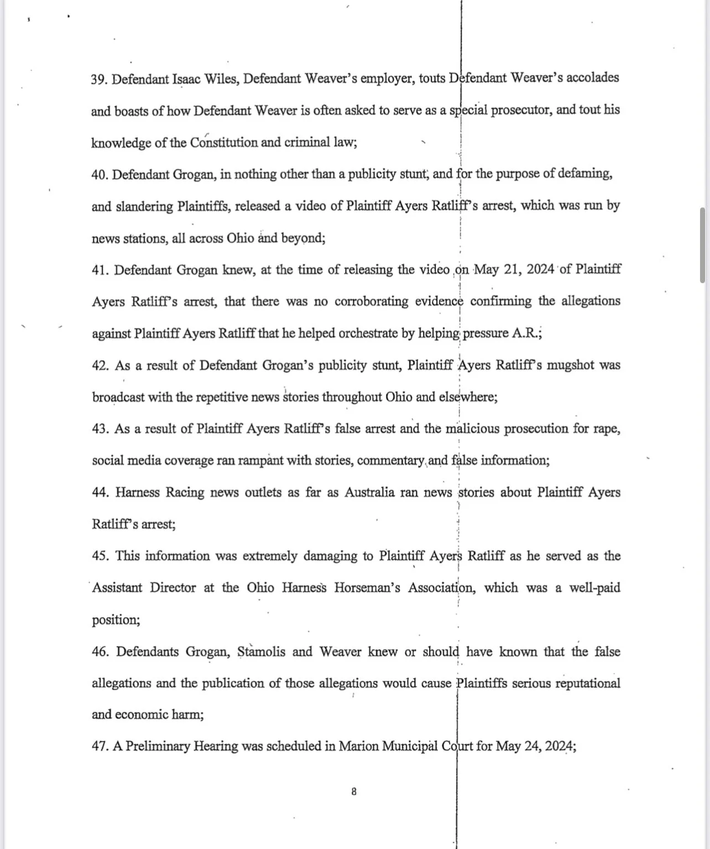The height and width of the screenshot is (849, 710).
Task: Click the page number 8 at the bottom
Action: point(354,791)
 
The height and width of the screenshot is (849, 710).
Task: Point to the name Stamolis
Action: point(262,652)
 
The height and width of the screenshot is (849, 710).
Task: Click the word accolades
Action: point(593,78)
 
